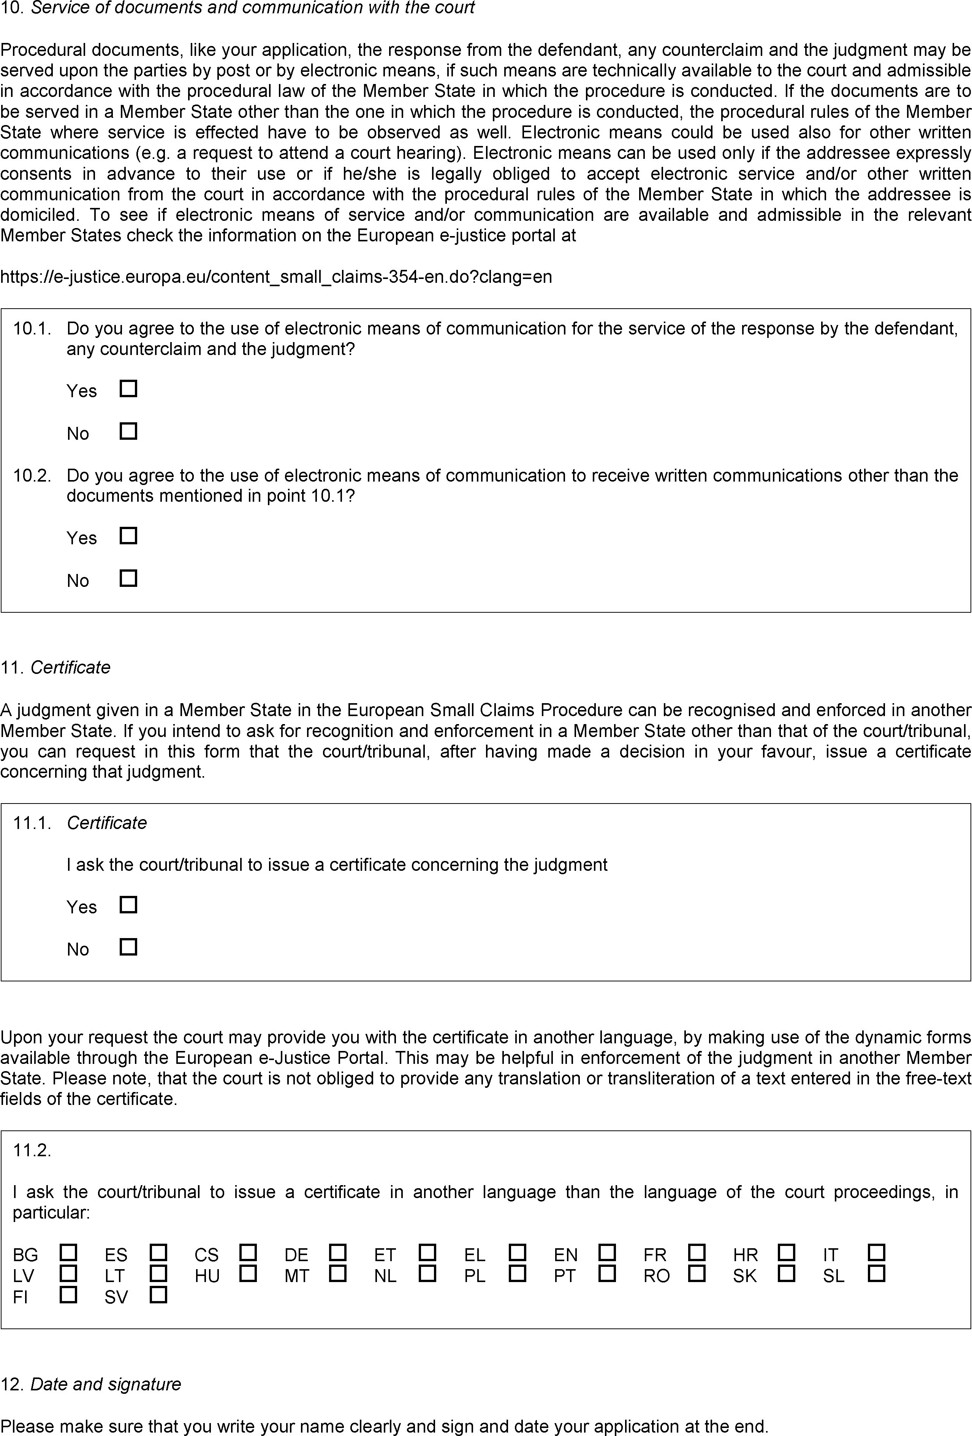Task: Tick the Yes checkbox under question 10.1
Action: coord(128,389)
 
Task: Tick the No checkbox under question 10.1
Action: coord(128,431)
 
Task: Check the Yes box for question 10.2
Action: coord(128,536)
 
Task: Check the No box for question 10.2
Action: coord(128,579)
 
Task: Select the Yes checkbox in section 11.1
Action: coord(128,905)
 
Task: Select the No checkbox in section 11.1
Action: coord(128,947)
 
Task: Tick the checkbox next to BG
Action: coord(68,1252)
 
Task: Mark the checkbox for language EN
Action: coord(608,1252)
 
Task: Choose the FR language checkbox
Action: coord(697,1252)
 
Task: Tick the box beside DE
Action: coord(338,1252)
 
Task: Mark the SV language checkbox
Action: coord(159,1295)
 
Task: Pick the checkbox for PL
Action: coord(518,1273)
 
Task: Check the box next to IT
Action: coord(876,1252)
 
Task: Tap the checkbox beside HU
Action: coord(248,1273)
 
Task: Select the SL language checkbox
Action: coord(876,1273)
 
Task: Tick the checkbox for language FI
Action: coord(68,1295)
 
